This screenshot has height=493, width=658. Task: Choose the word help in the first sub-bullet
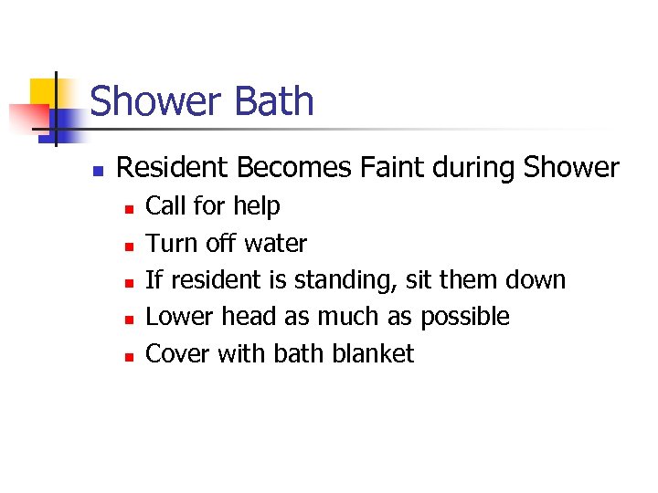coord(257,206)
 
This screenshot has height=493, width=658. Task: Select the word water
coord(276,244)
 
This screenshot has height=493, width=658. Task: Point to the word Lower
coord(171,317)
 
